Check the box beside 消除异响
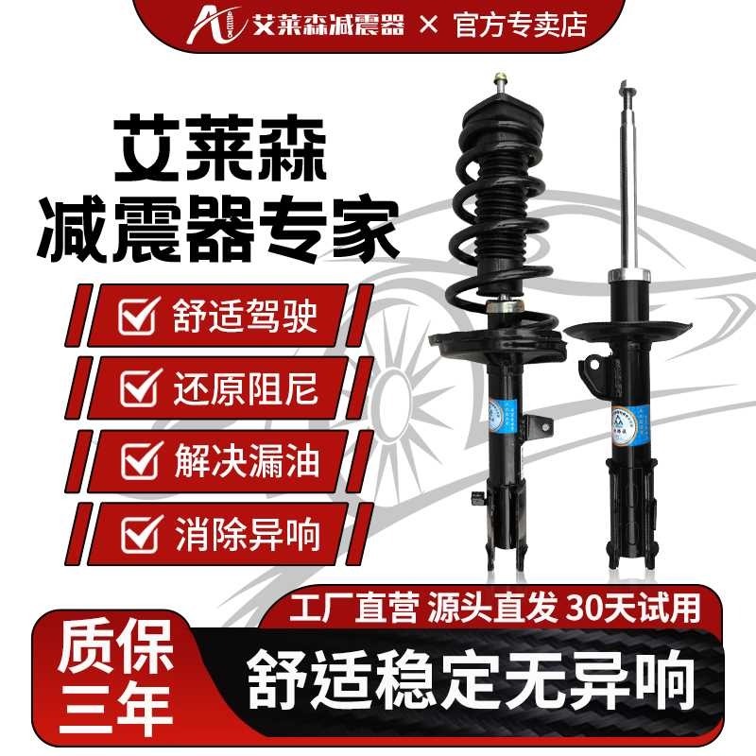click(x=138, y=535)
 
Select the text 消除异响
click(x=246, y=535)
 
